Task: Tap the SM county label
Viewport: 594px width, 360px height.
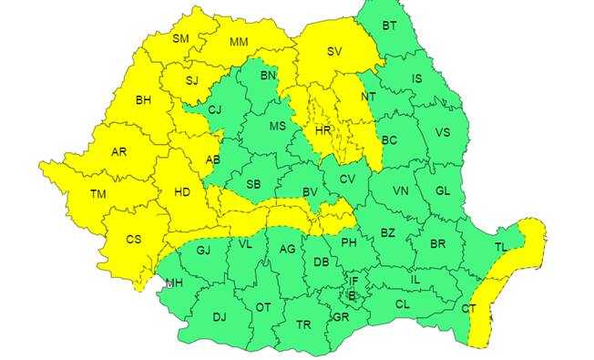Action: [x=180, y=38]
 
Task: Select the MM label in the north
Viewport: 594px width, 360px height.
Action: [x=239, y=42]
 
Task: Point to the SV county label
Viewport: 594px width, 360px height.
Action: [x=333, y=53]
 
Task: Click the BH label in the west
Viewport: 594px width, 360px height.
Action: [x=143, y=99]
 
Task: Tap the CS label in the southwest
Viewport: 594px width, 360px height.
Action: [x=133, y=239]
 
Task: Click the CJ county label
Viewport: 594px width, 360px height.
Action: [x=215, y=110]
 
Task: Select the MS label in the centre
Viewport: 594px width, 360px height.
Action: [x=278, y=126]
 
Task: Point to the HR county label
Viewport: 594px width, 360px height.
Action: [x=323, y=130]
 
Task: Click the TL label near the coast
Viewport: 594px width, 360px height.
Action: [x=501, y=246]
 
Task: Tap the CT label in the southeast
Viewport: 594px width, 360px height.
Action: [x=468, y=309]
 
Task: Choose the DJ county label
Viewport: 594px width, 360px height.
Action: [x=219, y=317]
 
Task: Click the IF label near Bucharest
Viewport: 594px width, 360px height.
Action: [x=353, y=282]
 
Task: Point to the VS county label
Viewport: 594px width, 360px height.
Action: [x=444, y=132]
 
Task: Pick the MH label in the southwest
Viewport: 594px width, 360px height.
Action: [x=173, y=283]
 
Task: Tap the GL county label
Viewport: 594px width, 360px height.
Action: [x=444, y=190]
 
